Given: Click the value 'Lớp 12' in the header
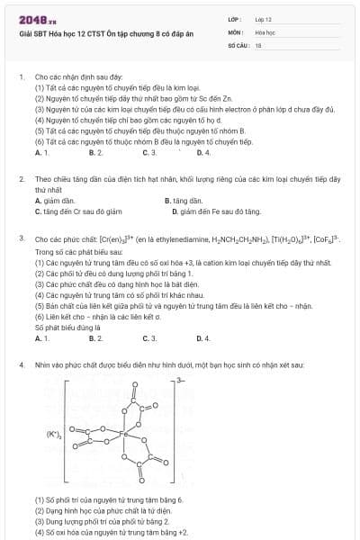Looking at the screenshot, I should pos(263,18).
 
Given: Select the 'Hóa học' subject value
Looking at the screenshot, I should pos(264,31).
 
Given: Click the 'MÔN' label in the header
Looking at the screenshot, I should pos(236,31).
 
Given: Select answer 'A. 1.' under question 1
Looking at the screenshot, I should pos(41,153).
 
